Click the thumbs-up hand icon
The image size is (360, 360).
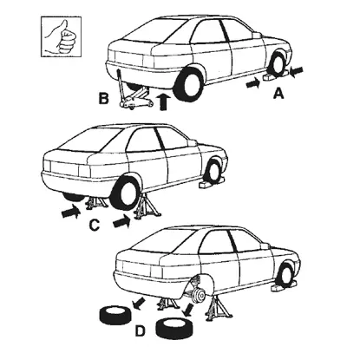pyautogui.click(x=61, y=36)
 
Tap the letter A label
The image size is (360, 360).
pyautogui.click(x=278, y=94)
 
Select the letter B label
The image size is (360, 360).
pyautogui.click(x=104, y=98)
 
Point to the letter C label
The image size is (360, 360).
pyautogui.click(x=95, y=225)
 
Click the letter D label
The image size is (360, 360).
pyautogui.click(x=140, y=331)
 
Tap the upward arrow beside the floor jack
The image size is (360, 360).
pyautogui.click(x=163, y=101)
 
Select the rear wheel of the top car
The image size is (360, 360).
pyautogui.click(x=188, y=84)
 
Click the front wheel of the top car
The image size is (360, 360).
pyautogui.click(x=277, y=65)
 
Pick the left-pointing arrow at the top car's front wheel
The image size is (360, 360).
pyautogui.click(x=296, y=71)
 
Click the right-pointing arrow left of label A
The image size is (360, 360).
pyautogui.click(x=253, y=84)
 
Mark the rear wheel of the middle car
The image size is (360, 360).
pyautogui.click(x=126, y=193)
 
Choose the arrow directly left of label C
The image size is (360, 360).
pyautogui.click(x=71, y=212)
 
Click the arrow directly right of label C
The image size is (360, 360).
pyautogui.click(x=121, y=221)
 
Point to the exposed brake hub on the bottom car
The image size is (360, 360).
pyautogui.click(x=198, y=295)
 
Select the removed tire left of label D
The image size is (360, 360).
pyautogui.click(x=115, y=316)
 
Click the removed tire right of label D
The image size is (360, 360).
pyautogui.click(x=174, y=328)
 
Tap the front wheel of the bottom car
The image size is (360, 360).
pyautogui.click(x=285, y=275)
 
